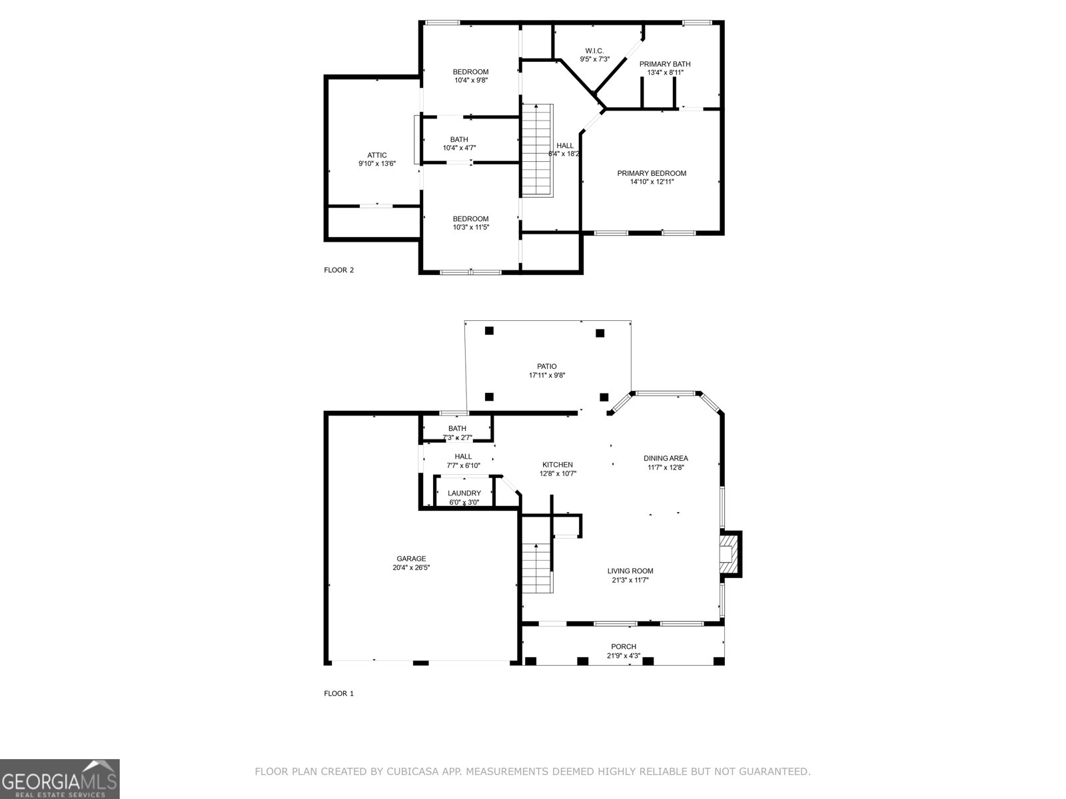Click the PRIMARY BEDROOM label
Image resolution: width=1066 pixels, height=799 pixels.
point(651,173)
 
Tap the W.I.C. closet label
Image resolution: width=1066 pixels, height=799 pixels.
point(594,51)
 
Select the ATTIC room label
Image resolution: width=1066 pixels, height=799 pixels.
point(376,155)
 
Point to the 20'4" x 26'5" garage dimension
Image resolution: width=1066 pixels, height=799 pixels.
point(411,568)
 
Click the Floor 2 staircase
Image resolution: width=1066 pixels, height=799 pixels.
point(537,150)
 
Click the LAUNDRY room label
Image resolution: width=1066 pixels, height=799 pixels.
point(464,493)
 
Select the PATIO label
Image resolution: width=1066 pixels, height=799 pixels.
point(546,366)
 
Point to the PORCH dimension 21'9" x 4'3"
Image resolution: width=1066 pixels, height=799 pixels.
point(624,656)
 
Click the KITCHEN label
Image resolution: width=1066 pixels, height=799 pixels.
point(557,465)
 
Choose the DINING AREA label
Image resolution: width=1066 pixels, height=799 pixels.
point(666,458)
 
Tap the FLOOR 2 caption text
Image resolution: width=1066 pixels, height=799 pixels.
point(338,270)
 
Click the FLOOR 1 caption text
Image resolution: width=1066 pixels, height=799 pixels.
point(338,694)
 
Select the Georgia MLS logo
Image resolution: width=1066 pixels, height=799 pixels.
point(60,779)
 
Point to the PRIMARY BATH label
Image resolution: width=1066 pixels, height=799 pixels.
point(664,64)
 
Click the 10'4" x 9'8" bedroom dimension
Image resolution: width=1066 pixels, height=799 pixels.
point(470,81)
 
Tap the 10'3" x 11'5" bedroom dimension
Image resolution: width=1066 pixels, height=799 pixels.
point(470,228)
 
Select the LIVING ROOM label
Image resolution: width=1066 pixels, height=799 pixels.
point(630,571)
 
